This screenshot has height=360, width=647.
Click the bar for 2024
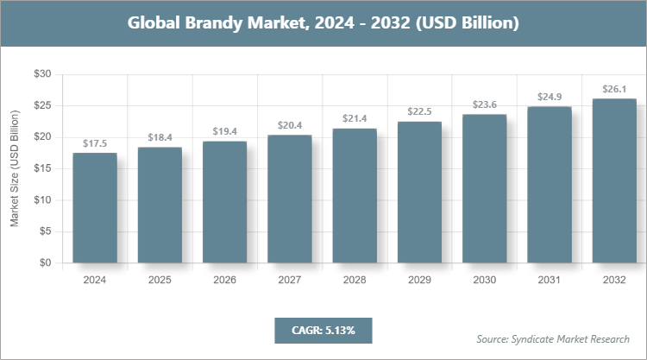(95, 208)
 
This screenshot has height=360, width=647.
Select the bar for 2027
(289, 199)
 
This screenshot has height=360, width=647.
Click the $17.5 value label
(95, 143)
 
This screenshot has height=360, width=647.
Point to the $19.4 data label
(224, 131)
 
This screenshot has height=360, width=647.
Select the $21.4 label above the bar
(355, 118)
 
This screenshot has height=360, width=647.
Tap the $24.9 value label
(550, 97)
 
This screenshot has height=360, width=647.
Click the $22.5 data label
(419, 111)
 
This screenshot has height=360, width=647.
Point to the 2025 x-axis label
(160, 280)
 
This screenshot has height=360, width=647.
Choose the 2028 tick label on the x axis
(355, 280)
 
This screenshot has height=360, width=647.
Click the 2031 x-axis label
(550, 280)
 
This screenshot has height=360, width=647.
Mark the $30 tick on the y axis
(42, 74)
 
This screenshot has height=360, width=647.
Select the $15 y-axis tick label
(42, 168)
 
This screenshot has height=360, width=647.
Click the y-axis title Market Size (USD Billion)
(14, 168)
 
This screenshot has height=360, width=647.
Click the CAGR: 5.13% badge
(323, 330)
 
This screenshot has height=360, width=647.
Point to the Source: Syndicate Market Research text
(553, 338)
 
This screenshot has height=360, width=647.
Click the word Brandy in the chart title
(220, 23)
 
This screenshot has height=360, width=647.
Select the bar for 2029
(419, 192)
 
